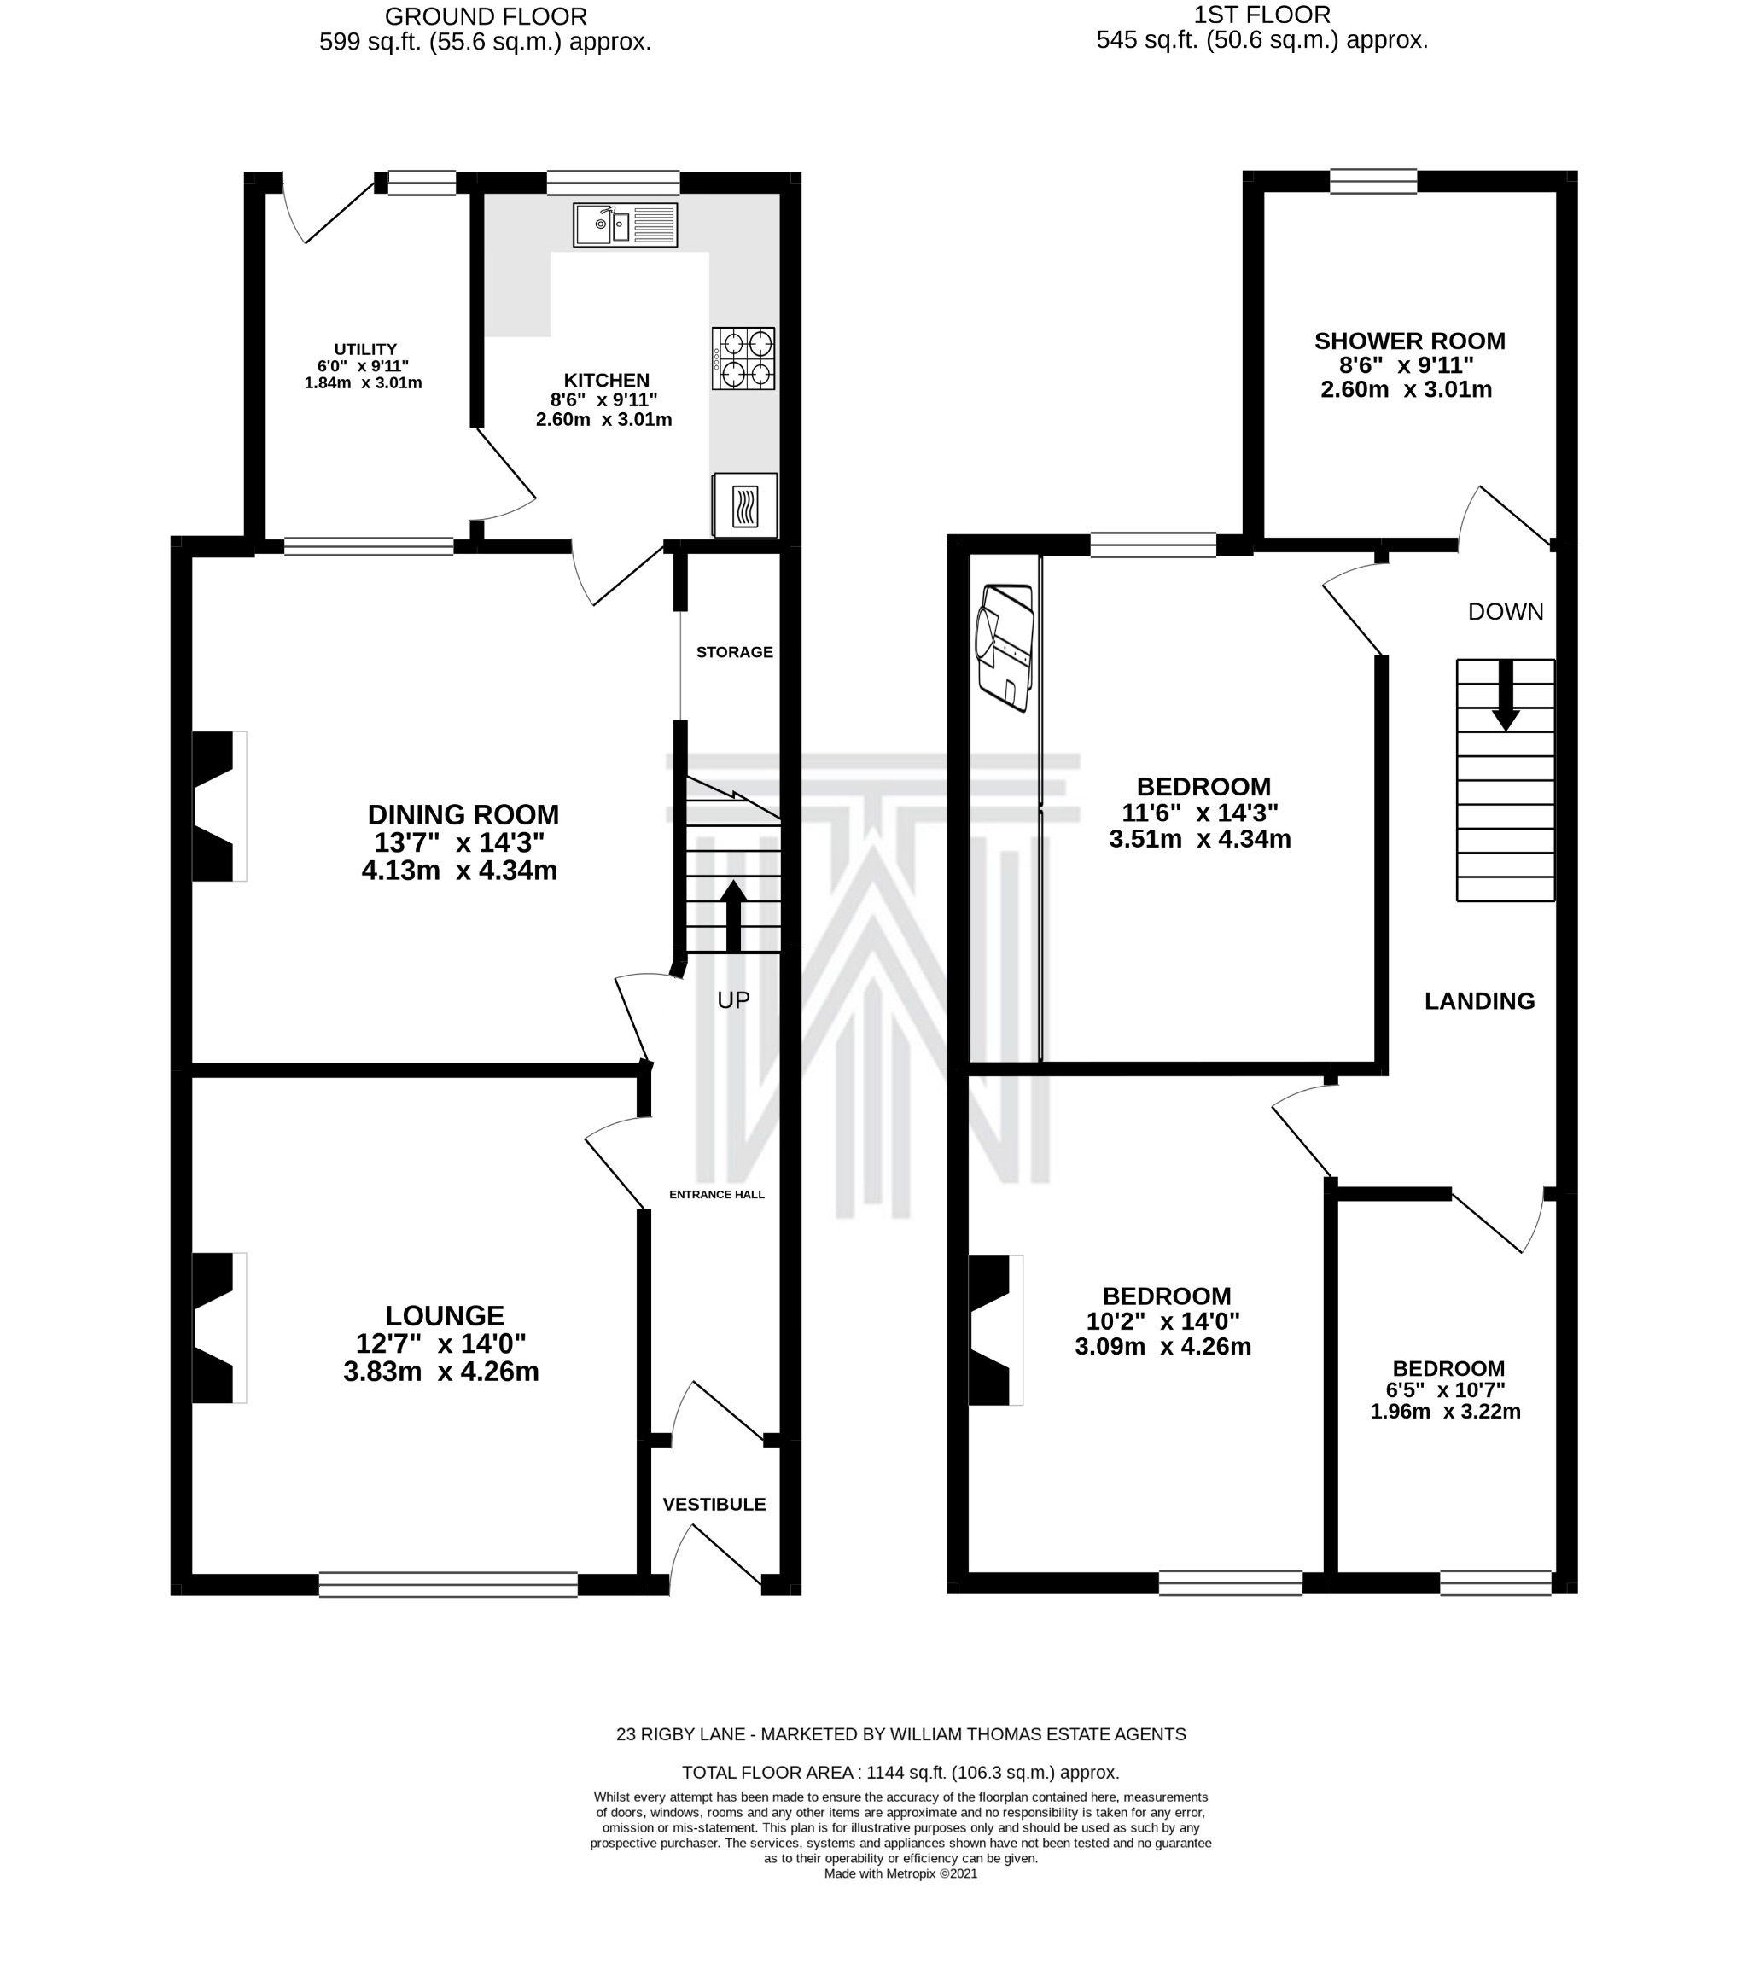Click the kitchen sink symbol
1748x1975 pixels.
click(625, 225)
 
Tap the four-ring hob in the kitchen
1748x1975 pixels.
click(743, 358)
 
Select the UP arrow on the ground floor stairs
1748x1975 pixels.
click(733, 915)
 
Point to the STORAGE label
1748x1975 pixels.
click(734, 652)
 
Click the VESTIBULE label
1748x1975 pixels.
click(714, 1505)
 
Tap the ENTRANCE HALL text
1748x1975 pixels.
click(717, 1194)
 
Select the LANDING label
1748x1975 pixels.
click(1479, 1001)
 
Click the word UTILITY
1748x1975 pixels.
click(365, 349)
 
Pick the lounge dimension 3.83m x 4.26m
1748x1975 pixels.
click(441, 1371)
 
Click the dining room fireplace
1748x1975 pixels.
click(219, 807)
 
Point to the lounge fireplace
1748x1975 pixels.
click(219, 1327)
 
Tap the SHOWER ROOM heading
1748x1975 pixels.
click(1410, 341)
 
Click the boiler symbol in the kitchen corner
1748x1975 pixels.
click(744, 504)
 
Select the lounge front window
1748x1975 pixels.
click(448, 1584)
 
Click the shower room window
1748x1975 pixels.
click(1373, 181)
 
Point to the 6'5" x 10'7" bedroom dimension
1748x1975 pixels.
click(1446, 1390)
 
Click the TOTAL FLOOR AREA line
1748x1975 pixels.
click(900, 1772)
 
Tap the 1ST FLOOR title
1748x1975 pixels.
click(1262, 15)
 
